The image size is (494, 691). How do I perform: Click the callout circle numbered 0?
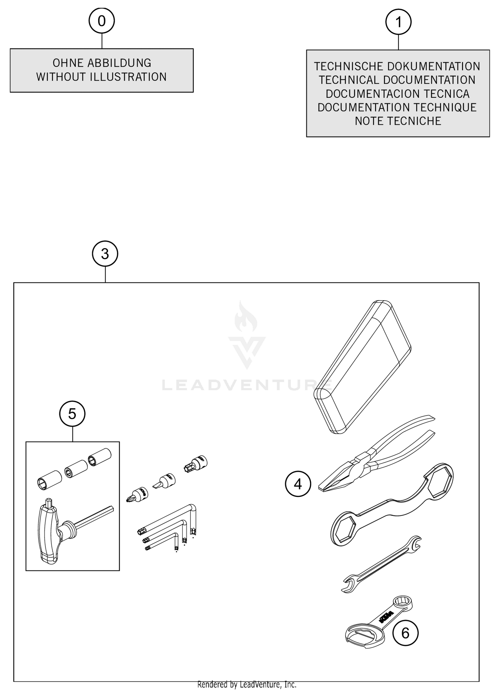pyautogui.click(x=102, y=21)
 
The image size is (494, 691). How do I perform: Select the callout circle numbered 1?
pyautogui.click(x=398, y=22)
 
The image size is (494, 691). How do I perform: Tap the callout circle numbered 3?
pyautogui.click(x=105, y=254)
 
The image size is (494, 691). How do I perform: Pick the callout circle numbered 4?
pyautogui.click(x=298, y=484)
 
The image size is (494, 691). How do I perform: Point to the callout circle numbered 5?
pyautogui.click(x=72, y=414)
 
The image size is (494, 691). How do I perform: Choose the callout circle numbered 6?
pyautogui.click(x=405, y=633)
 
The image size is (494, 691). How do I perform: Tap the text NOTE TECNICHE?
pyautogui.click(x=398, y=121)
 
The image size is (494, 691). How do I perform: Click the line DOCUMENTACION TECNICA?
pyautogui.click(x=398, y=94)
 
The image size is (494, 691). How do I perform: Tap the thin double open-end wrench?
pyautogui.click(x=382, y=565)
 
